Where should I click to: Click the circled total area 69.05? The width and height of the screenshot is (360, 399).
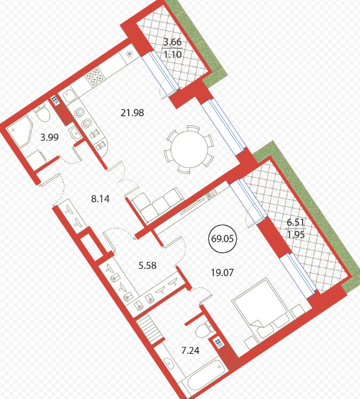click(x=222, y=239)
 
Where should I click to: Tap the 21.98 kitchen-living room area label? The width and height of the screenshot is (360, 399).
click(x=132, y=113)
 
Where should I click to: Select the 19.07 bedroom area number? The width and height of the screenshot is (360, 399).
click(x=222, y=273)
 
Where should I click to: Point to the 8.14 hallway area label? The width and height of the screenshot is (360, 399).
click(x=101, y=199)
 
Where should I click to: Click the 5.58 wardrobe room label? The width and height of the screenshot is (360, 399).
click(x=147, y=266)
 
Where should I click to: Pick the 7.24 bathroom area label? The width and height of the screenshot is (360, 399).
click(x=190, y=351)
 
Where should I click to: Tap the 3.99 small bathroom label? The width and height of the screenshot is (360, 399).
click(x=49, y=138)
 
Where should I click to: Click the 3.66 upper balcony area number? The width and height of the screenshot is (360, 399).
click(x=172, y=42)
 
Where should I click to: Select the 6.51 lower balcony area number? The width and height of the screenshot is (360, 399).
click(x=296, y=222)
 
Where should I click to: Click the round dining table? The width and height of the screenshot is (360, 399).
click(x=189, y=149)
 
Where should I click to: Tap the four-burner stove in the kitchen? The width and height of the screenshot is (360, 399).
click(x=95, y=77)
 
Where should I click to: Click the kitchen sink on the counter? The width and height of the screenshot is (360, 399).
click(x=69, y=96)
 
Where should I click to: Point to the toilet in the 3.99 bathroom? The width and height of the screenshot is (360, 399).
click(x=43, y=114)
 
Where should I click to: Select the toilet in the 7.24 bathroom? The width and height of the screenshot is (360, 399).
click(x=205, y=330)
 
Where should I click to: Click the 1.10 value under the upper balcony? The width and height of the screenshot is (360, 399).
click(x=172, y=54)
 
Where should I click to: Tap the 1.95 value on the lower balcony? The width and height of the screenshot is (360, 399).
click(x=296, y=234)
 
